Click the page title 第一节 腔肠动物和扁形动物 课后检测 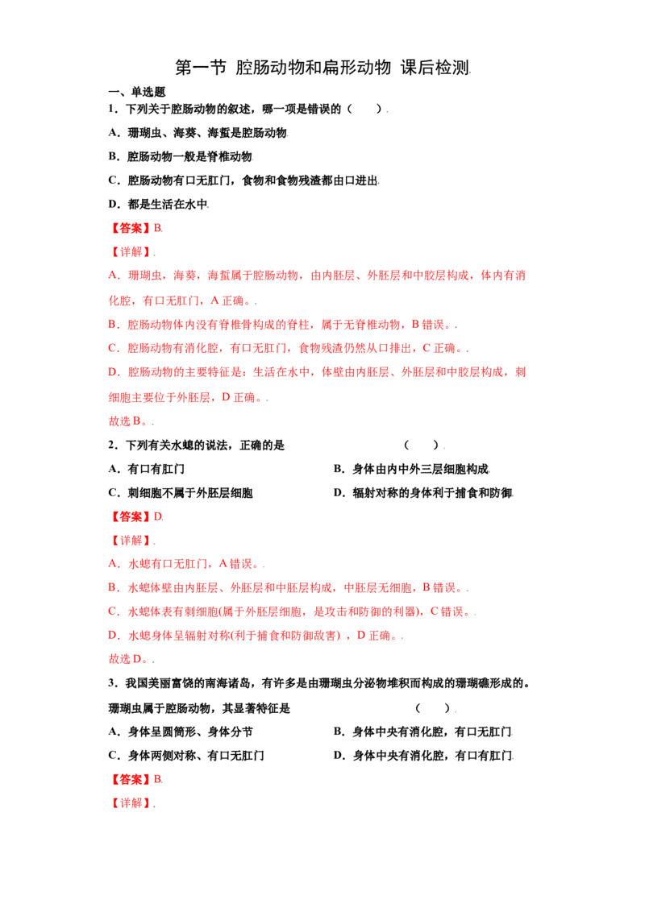coord(322,68)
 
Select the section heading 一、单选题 coord(137,92)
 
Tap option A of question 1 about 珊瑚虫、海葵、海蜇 coord(198,133)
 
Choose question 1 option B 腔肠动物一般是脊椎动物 coord(181,156)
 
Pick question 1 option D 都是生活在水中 coord(158,204)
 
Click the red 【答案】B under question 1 coord(135,228)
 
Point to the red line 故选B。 coord(131,421)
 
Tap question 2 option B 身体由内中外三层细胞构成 coord(411,469)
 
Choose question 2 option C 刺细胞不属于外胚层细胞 coord(181,492)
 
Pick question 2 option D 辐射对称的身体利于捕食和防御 coord(423,492)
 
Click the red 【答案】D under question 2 coord(135,516)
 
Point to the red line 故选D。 coord(131,658)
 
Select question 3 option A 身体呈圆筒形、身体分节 coord(181,732)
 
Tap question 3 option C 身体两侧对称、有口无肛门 coord(186,756)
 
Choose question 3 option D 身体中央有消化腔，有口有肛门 coord(423,756)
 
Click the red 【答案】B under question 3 coord(135,779)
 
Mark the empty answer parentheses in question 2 coord(422,445)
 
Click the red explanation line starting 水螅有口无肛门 coord(186,564)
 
